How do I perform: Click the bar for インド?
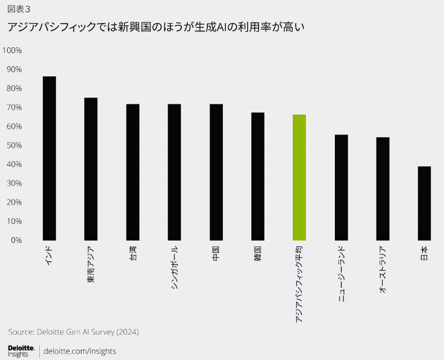(x=50, y=158)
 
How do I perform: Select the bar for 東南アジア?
(x=91, y=168)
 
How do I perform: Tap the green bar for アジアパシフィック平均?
(x=299, y=177)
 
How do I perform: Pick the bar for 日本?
(x=424, y=203)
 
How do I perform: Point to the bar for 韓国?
(x=258, y=176)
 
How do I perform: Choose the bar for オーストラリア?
(x=382, y=189)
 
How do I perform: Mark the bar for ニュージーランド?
(x=341, y=187)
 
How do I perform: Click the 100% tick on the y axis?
(x=12, y=50)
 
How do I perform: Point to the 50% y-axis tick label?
(x=14, y=145)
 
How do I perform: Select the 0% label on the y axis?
(x=16, y=240)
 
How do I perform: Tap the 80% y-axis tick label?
(x=14, y=88)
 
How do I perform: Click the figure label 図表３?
(x=20, y=8)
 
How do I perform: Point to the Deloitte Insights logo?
(x=21, y=351)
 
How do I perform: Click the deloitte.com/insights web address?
(x=80, y=351)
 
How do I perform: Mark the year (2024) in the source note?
(x=127, y=332)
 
